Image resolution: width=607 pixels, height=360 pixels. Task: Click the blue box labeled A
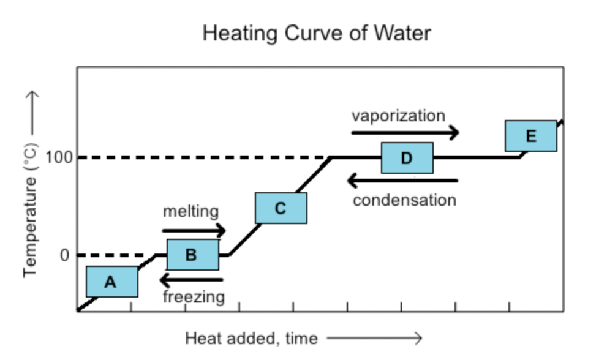111,282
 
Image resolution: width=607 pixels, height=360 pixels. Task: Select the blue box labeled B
192,255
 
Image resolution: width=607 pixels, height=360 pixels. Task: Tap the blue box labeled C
281,208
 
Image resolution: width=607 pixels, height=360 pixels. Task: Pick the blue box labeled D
407,158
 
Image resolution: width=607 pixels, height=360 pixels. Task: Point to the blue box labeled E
530,136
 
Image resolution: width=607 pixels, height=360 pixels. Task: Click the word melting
190,212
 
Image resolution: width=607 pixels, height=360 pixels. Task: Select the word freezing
194,298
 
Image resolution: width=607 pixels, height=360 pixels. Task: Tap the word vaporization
398,116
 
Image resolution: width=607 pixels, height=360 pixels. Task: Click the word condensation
404,200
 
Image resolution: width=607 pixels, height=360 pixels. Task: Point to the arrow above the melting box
194,231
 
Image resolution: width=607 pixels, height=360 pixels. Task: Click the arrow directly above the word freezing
190,280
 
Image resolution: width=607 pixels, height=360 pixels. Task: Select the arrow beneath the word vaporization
405,132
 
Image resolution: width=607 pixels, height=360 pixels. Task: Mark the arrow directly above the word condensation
402,181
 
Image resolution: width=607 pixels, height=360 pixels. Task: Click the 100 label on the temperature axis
59,157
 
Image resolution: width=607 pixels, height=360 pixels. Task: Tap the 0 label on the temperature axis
64,255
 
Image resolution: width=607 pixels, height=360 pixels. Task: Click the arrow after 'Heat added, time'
374,338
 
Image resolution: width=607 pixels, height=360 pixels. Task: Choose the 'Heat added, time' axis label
251,338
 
